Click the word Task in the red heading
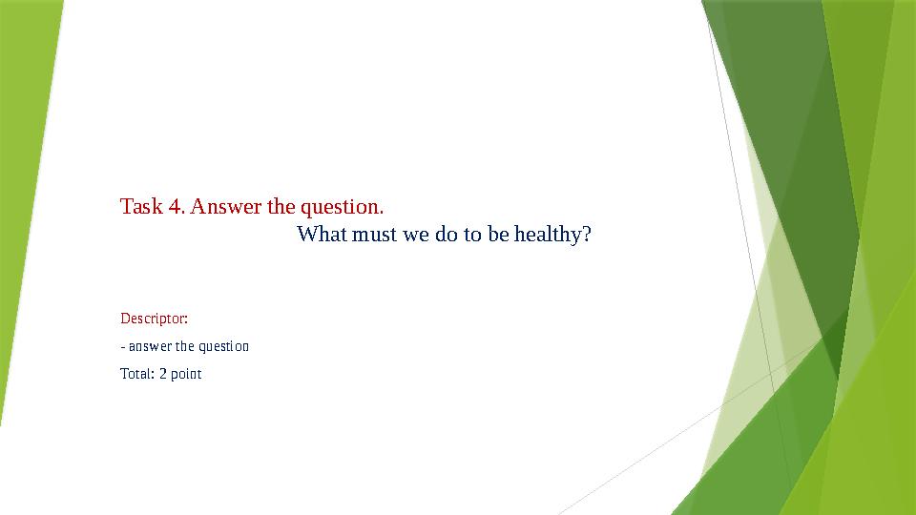point(140,207)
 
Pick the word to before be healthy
point(472,235)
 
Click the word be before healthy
point(498,235)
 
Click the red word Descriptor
point(154,317)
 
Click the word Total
point(136,374)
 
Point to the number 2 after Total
point(163,374)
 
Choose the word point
point(187,374)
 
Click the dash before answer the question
point(123,346)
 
